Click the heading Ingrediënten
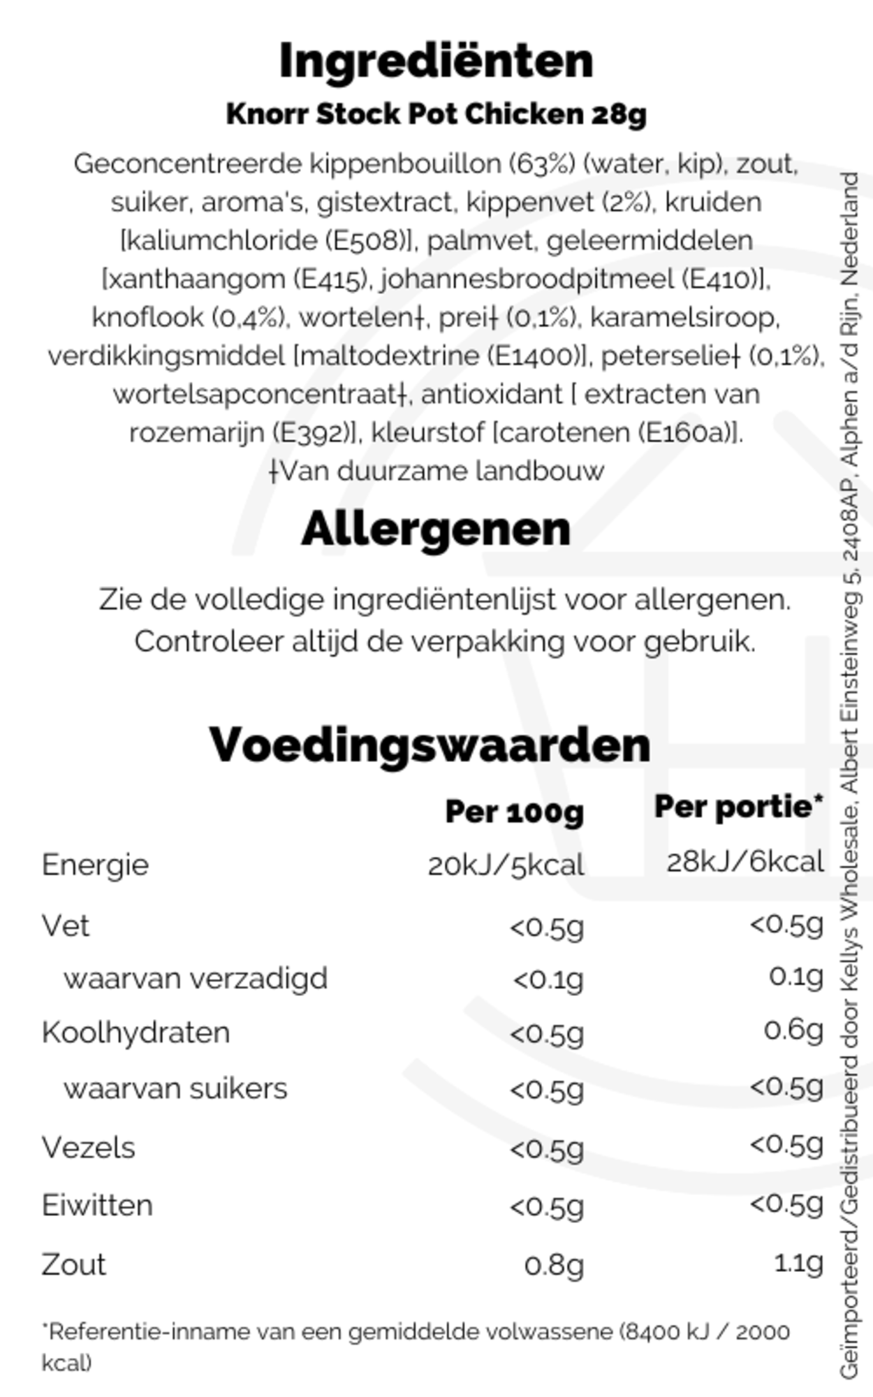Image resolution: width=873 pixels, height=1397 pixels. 436,61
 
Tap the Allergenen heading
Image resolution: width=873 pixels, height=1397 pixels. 436,529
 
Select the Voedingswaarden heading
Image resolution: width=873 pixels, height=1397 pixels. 430,745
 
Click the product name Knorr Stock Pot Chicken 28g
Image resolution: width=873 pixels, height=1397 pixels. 436,115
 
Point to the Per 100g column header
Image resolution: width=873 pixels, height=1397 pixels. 514,812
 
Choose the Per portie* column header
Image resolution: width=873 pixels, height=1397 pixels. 738,807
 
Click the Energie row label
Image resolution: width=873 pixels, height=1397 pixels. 95,865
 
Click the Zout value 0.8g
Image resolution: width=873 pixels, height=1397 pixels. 554,1265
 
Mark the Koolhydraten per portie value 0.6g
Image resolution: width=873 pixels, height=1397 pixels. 793,1030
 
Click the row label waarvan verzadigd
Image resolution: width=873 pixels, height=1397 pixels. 195,979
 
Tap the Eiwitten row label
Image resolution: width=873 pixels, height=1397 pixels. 97,1206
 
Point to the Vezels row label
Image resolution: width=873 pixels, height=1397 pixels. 88,1148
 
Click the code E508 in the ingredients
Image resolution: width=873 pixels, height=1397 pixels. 365,241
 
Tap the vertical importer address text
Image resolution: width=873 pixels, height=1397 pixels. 849,775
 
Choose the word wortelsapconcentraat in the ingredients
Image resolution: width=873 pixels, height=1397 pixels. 255,395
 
